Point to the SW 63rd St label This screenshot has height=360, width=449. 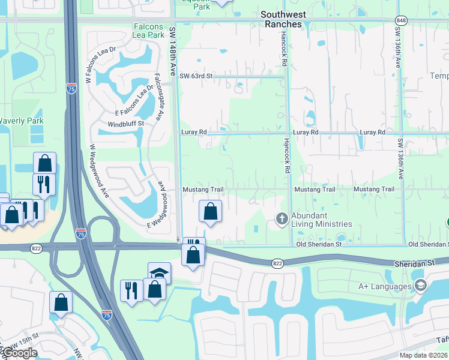(x=196, y=76)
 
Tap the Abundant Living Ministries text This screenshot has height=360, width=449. (x=321, y=220)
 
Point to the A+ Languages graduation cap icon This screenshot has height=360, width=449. (x=420, y=286)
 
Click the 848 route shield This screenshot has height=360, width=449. (x=401, y=20)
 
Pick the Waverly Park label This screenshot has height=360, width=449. (x=21, y=121)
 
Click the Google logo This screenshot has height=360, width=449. (x=20, y=353)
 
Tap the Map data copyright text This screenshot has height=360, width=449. (x=424, y=355)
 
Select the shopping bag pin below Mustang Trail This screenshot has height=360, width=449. (x=210, y=212)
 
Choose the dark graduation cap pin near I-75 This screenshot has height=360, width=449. (x=159, y=273)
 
